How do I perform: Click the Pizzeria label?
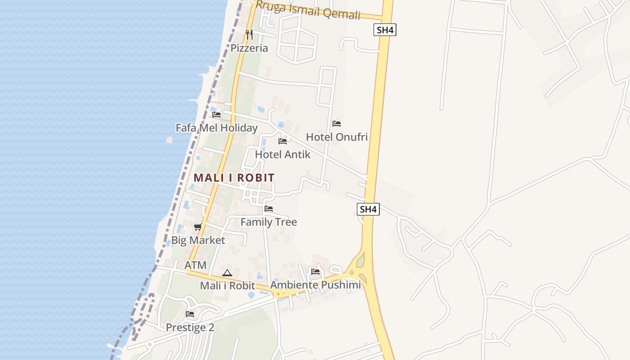249,48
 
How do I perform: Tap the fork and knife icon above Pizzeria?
249,35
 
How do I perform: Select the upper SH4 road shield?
385,30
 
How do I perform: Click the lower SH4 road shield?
368,209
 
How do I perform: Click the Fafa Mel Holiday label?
216,128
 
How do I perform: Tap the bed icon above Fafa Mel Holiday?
216,115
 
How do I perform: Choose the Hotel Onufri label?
337,137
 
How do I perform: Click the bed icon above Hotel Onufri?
337,124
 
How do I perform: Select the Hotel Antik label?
283,154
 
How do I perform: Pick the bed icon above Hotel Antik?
283,141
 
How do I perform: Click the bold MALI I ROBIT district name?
234,178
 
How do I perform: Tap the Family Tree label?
269,222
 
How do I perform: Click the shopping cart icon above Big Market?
198,227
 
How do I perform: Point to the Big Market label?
198,240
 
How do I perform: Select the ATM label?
195,265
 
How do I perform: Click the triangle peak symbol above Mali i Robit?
227,273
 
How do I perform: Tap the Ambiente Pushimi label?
315,285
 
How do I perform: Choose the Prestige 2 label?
190,328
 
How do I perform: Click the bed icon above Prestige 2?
190,314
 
